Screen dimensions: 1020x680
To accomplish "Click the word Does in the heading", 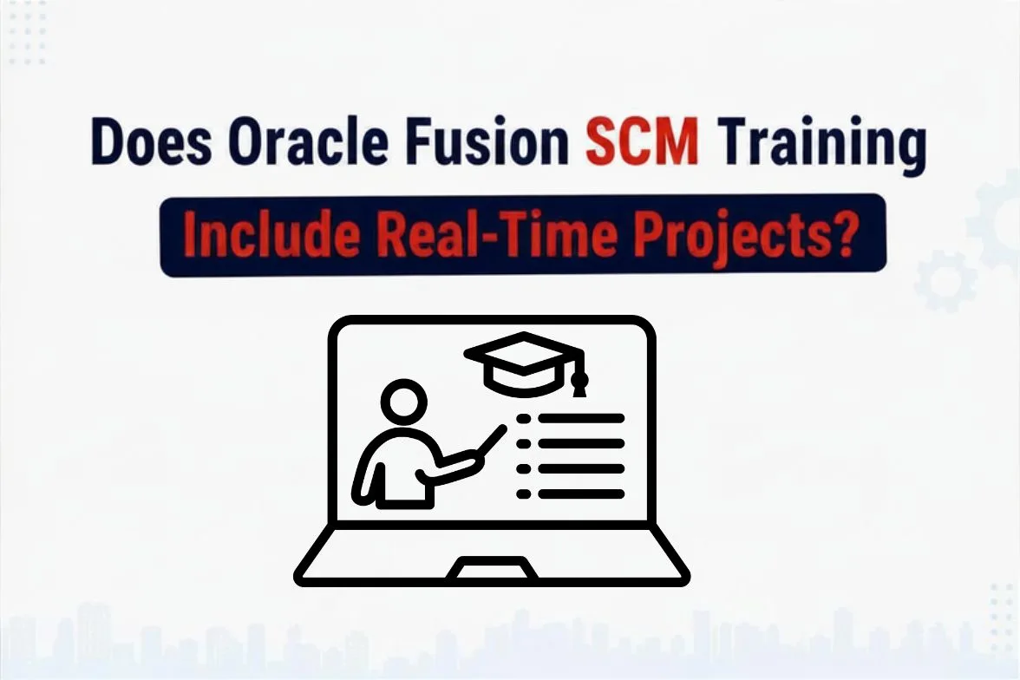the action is pyautogui.click(x=152, y=142).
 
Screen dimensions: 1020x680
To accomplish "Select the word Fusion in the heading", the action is pyautogui.click(x=487, y=142).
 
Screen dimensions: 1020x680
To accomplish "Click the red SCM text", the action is pyautogui.click(x=642, y=142).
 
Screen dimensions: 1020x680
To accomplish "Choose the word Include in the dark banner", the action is pyautogui.click(x=271, y=233).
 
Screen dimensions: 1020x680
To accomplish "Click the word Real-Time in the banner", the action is pyautogui.click(x=497, y=233).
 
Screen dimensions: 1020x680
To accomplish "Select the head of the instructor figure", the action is pyautogui.click(x=403, y=401).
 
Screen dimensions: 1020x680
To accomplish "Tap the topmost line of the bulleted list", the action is pyautogui.click(x=581, y=418).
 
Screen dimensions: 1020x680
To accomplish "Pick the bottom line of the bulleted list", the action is pyautogui.click(x=581, y=494).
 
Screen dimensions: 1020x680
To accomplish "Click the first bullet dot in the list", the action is pyautogui.click(x=523, y=418).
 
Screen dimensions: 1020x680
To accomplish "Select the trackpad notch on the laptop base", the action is pyautogui.click(x=492, y=568).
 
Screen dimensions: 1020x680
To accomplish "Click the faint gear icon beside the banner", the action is pyautogui.click(x=945, y=281).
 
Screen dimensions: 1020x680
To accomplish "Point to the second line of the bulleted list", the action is pyautogui.click(x=581, y=444).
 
